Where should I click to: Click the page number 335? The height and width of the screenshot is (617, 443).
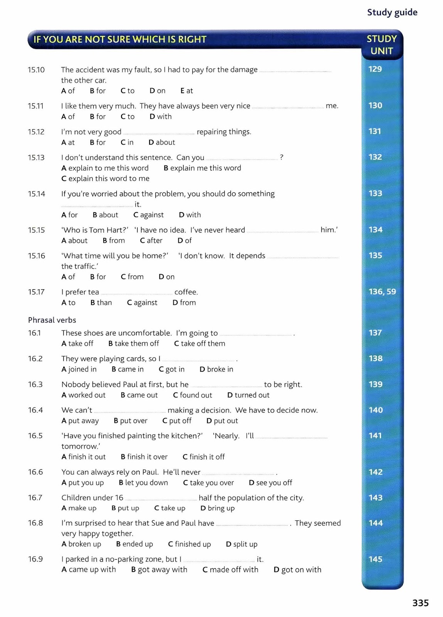tap(420, 603)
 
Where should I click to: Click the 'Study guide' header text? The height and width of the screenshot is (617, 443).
tap(392, 12)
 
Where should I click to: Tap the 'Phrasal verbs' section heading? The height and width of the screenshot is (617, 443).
tap(52, 320)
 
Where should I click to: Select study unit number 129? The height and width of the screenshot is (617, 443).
tap(375, 69)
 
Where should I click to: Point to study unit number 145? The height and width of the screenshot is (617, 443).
tap(375, 559)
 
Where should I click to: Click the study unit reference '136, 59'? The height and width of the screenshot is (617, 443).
tap(382, 292)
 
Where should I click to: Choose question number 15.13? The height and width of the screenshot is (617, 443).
tap(36, 157)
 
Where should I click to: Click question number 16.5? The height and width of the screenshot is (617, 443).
tap(35, 436)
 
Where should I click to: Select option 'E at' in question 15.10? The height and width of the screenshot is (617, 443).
tap(187, 91)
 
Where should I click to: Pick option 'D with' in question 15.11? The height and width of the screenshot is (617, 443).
tap(160, 116)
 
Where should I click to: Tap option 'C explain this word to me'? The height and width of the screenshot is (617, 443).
tap(105, 179)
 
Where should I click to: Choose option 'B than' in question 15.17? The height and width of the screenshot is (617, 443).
tap(101, 303)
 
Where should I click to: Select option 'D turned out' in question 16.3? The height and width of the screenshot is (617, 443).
tap(248, 395)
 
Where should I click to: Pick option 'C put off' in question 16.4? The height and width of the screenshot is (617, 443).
tap(177, 421)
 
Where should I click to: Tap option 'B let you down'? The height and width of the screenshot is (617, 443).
tap(143, 482)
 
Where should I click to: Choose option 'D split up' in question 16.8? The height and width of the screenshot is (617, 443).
tap(241, 544)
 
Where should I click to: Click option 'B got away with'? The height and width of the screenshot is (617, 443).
tap(159, 570)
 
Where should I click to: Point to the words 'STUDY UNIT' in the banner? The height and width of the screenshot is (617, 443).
tap(382, 45)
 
